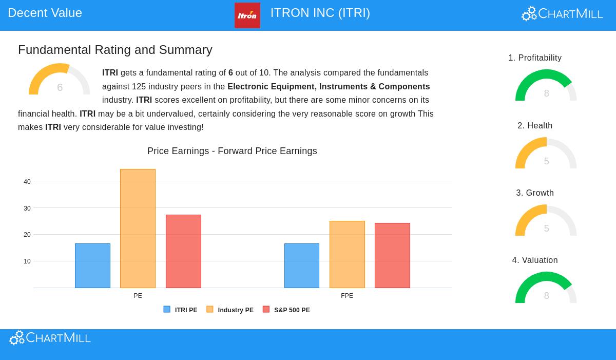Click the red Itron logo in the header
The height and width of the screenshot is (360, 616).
[247, 15]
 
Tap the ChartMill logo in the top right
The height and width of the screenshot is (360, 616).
[562, 14]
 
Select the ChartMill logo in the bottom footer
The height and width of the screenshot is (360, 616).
[50, 338]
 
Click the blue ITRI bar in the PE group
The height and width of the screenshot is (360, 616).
[92, 266]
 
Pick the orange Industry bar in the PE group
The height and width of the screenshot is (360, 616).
[138, 229]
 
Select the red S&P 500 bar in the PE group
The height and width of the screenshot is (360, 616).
[183, 251]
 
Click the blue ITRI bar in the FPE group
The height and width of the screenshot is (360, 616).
[302, 266]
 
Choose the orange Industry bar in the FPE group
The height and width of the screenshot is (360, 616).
[347, 254]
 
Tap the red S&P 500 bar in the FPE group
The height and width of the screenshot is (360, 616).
[392, 255]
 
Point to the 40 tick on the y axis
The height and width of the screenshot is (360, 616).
[27, 182]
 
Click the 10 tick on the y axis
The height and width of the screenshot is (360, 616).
[27, 261]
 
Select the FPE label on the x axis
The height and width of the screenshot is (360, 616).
[347, 296]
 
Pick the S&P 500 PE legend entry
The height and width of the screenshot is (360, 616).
[286, 310]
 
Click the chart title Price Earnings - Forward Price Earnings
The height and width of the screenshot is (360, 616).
[232, 151]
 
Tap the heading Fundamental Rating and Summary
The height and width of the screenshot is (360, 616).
[115, 50]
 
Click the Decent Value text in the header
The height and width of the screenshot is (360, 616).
[45, 13]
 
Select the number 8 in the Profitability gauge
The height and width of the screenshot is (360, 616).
[546, 93]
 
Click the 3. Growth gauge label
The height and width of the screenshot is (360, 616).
[535, 193]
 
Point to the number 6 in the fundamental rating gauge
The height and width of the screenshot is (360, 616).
[60, 88]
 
